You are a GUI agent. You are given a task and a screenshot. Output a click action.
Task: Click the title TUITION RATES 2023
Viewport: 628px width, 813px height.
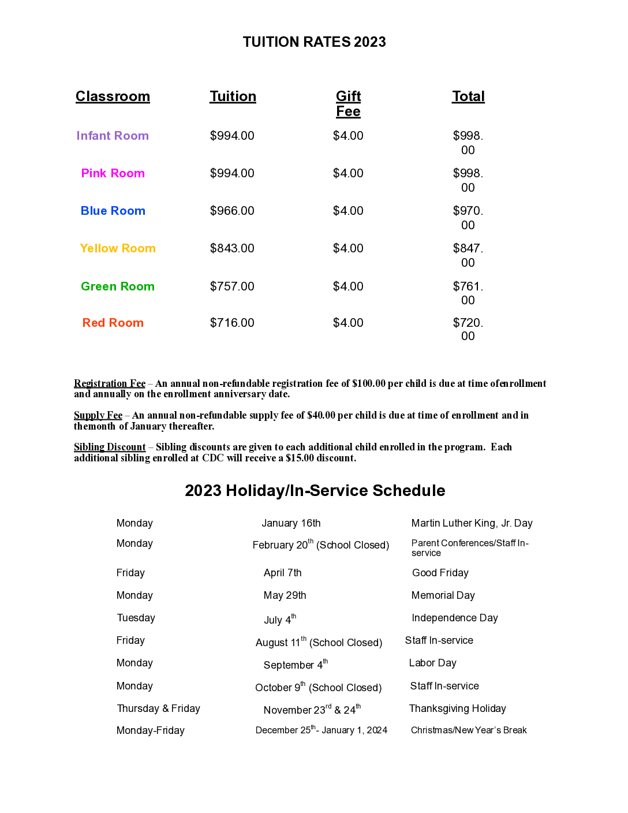tap(314, 42)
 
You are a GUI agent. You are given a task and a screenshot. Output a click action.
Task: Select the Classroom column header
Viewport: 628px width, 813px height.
tap(113, 96)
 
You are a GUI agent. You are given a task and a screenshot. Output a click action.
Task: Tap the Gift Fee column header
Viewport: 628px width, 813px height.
tap(348, 104)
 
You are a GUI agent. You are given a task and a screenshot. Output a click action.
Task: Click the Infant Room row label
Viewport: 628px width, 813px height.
tap(113, 136)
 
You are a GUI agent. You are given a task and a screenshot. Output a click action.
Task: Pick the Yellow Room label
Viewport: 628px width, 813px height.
tap(118, 248)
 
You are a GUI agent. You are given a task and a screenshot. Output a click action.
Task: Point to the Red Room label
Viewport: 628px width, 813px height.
tap(113, 323)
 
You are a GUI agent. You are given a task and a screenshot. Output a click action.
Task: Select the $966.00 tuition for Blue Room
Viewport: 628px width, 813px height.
tap(232, 211)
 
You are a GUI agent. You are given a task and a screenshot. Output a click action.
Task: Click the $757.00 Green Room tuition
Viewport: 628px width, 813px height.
tap(232, 286)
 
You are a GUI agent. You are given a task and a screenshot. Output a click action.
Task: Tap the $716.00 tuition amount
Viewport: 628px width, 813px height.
tap(232, 323)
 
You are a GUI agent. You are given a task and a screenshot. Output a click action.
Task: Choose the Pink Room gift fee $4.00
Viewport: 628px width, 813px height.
tap(348, 173)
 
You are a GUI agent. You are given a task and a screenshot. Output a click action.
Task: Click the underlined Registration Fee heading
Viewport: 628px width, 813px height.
tap(110, 383)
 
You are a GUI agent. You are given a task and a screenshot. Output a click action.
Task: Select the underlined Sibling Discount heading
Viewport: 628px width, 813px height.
tap(110, 447)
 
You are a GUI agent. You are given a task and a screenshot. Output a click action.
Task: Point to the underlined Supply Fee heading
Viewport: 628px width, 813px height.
tap(98, 415)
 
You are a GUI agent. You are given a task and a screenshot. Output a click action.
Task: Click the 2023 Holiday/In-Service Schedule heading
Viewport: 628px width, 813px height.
tap(315, 491)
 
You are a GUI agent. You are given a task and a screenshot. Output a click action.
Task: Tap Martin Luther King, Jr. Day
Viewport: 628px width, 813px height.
tap(472, 523)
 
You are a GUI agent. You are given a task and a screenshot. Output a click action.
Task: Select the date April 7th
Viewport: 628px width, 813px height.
tap(282, 573)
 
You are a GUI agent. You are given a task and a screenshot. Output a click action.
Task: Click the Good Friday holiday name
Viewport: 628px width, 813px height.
tap(440, 573)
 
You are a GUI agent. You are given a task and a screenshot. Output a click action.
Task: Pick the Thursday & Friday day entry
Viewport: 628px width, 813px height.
tap(158, 708)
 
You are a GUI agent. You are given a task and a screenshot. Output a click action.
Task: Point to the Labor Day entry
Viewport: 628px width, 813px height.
tap(432, 663)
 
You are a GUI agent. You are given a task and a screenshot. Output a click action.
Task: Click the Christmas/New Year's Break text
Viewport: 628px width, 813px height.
tap(469, 730)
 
